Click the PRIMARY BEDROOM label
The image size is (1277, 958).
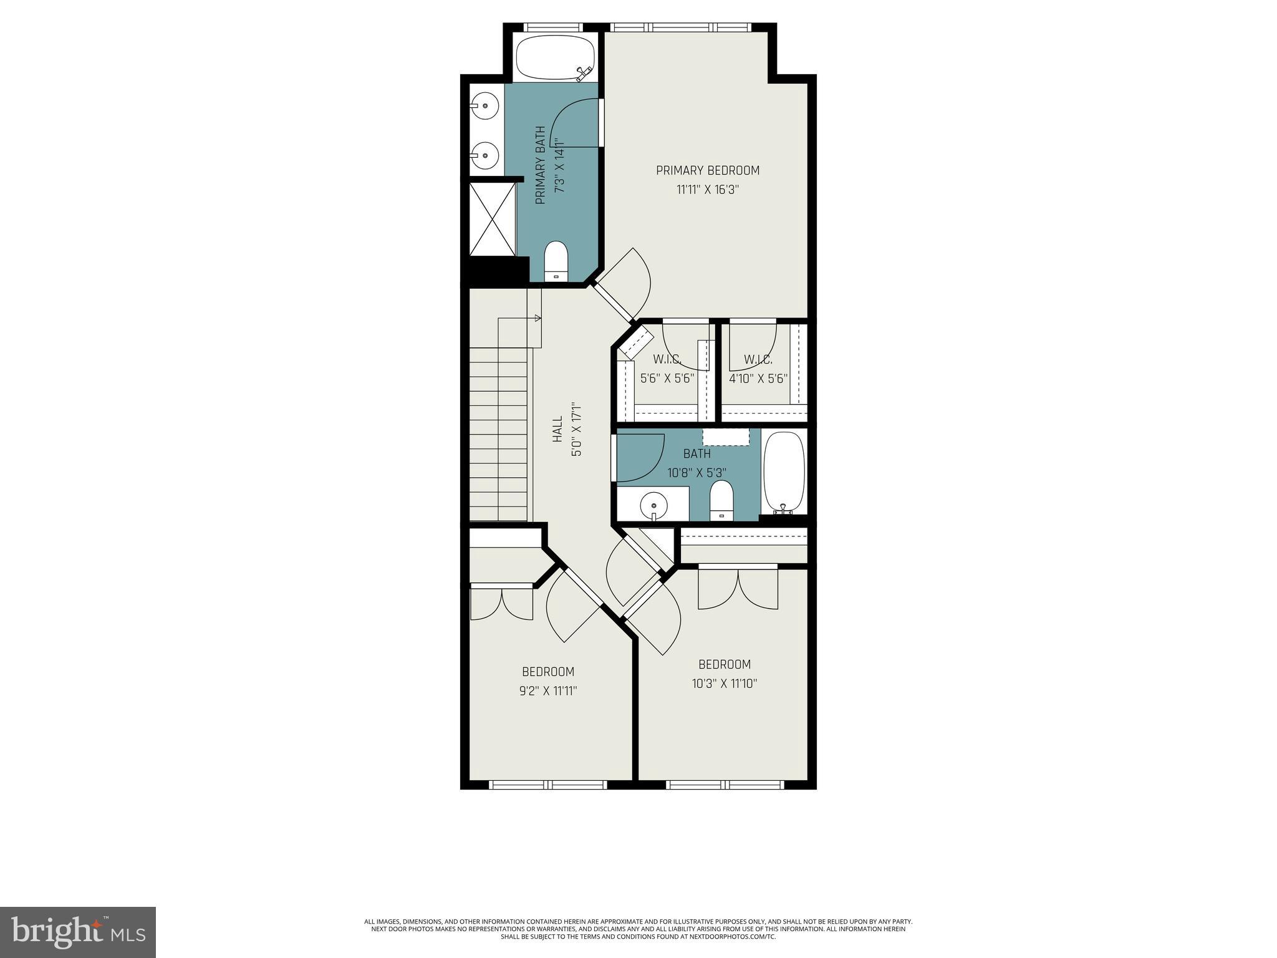tap(707, 170)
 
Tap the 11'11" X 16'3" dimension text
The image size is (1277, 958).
tap(707, 190)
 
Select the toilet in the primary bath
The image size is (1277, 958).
tap(556, 263)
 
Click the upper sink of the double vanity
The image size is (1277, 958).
tap(484, 105)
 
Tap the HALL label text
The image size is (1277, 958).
tap(557, 430)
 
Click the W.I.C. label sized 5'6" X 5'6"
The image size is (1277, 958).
tap(667, 360)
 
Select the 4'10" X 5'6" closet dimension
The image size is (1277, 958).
tap(758, 379)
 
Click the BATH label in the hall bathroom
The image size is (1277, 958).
tap(696, 453)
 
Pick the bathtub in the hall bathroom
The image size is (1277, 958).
tap(784, 472)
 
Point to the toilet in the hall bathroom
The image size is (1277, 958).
tap(721, 499)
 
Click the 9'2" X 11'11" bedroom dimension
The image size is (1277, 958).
tap(548, 691)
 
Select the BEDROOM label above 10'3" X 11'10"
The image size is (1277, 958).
tap(724, 664)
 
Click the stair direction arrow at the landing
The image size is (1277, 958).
tap(537, 318)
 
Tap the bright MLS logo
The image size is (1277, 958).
tap(78, 932)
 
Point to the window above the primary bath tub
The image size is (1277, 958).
tap(552, 27)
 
